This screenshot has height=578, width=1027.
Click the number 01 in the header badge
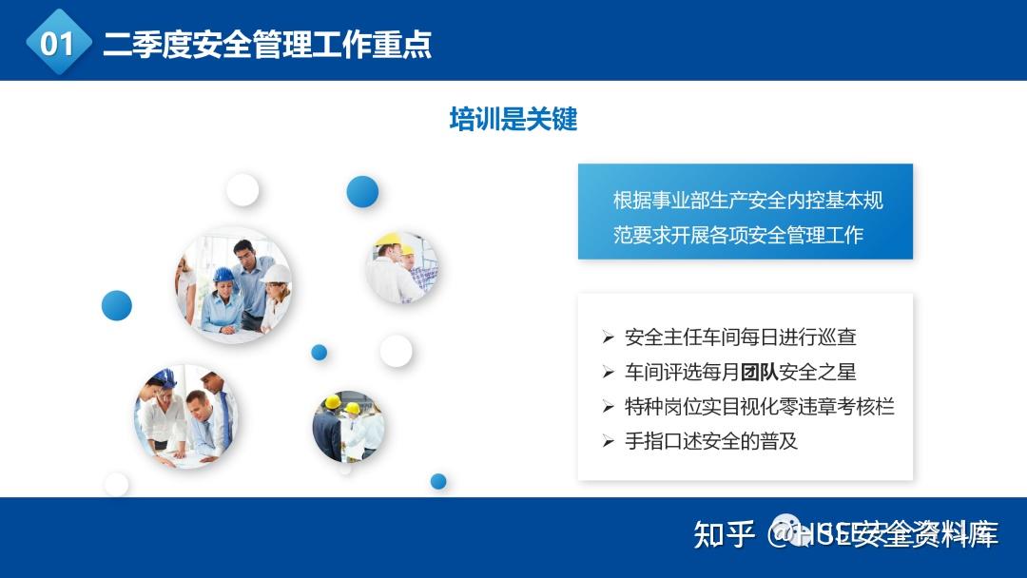tap(57, 44)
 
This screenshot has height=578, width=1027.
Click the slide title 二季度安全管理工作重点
tap(267, 44)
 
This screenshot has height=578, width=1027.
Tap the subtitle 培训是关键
tap(513, 119)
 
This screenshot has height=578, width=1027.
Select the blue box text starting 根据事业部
tap(747, 201)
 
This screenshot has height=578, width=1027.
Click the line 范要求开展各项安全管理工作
tap(738, 234)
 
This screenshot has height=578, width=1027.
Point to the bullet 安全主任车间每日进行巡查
tap(740, 337)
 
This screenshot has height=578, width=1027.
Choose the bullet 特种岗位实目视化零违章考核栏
tap(759, 407)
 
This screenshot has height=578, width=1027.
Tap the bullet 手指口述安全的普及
tap(710, 441)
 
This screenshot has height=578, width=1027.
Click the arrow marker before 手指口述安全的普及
tap(609, 441)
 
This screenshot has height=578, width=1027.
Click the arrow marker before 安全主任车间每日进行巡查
tap(609, 337)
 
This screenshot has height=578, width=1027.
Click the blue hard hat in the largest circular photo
tap(223, 276)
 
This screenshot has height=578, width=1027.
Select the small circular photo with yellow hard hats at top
tap(400, 267)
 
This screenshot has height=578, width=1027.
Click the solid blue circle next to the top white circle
tap(362, 191)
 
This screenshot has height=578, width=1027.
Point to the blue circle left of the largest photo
tap(116, 305)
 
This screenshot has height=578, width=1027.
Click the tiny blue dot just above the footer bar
tap(438, 481)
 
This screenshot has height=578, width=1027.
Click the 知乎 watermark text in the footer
tap(725, 534)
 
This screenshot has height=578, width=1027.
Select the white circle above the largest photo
tap(242, 190)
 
